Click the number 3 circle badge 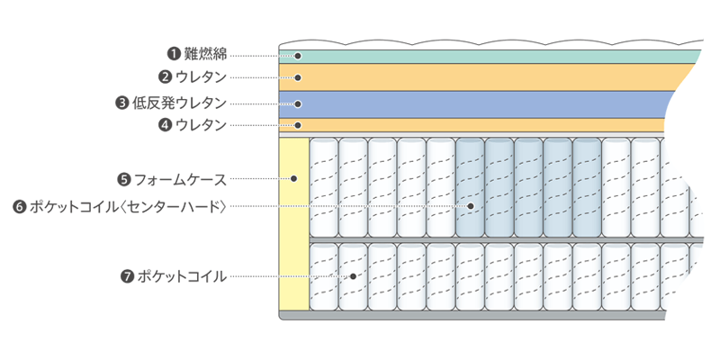[x=121, y=103]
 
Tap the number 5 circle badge [x=125, y=179]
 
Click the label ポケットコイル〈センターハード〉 [x=126, y=207]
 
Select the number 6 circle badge [x=19, y=207]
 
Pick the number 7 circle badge [x=126, y=275]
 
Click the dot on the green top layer [x=298, y=56]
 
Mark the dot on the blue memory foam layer [x=298, y=103]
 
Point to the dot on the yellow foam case [x=294, y=179]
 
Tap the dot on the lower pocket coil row [x=354, y=275]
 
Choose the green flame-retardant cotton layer [x=486, y=56]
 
